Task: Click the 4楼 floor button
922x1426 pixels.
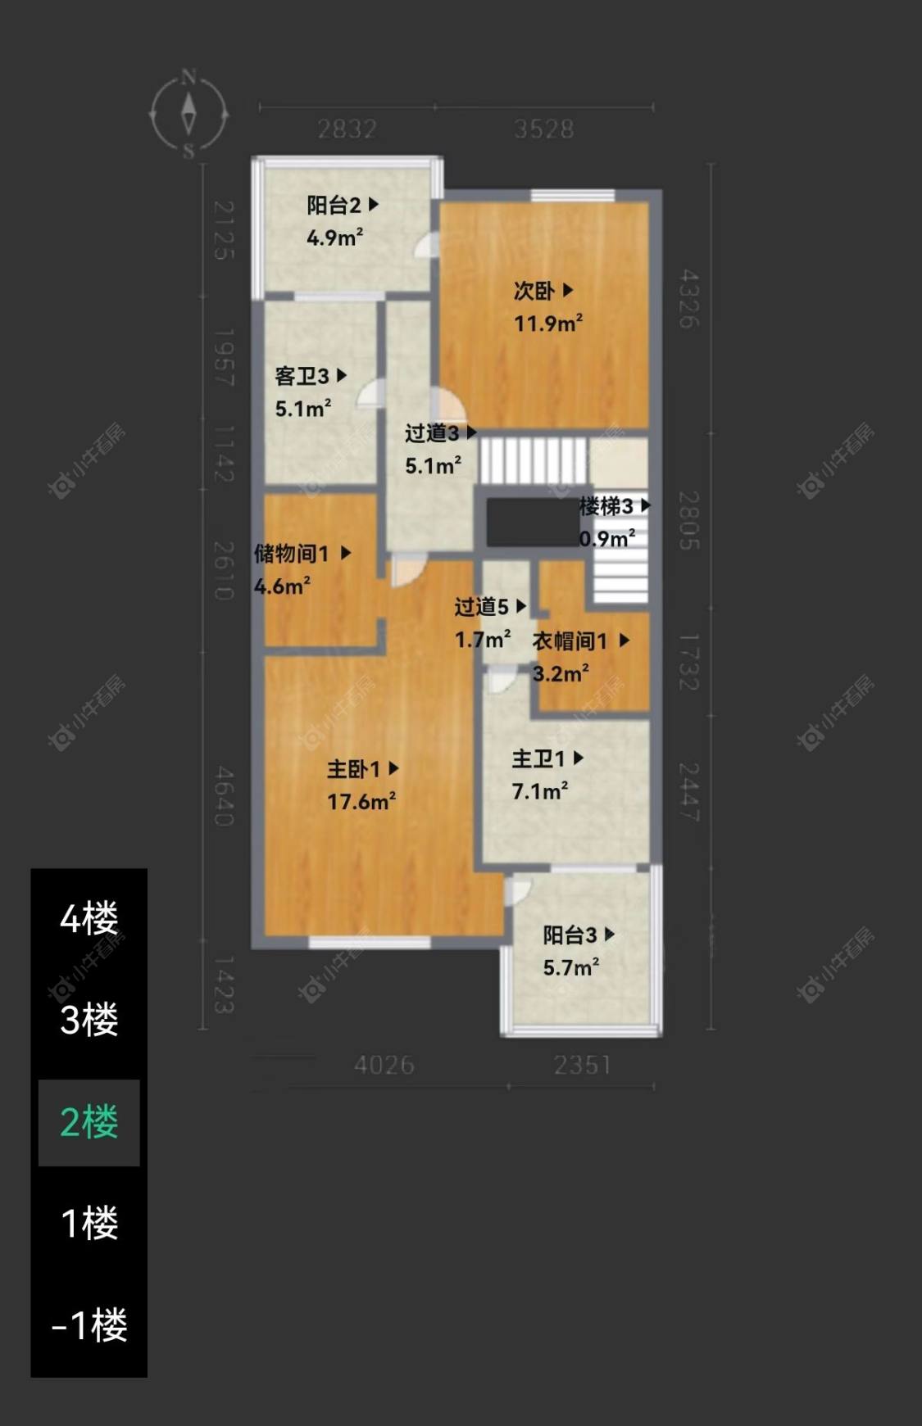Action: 89,918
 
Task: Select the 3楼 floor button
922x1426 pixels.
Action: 89,1020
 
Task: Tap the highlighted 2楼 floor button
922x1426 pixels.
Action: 89,1122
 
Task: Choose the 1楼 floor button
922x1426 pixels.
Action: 89,1224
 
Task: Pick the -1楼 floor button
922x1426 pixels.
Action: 89,1325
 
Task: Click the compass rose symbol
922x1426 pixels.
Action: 188,114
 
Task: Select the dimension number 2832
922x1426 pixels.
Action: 347,129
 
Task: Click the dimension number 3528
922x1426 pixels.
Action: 543,129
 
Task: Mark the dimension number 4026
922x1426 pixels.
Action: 384,1065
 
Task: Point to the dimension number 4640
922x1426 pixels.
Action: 223,796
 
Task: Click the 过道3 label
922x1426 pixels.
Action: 439,433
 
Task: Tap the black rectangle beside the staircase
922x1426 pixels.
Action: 532,523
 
